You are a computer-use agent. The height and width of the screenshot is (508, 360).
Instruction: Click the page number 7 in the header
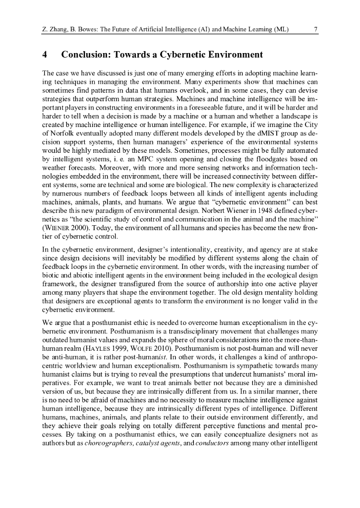(x=316, y=29)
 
